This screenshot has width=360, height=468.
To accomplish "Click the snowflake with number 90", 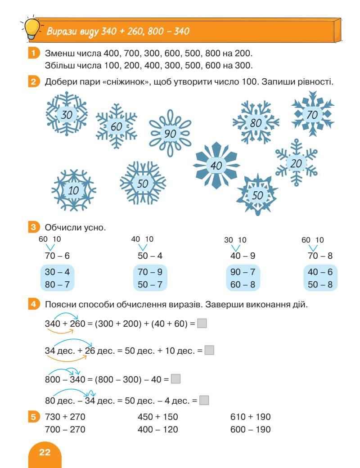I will [170, 133].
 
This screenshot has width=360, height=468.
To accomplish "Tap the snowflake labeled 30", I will [67, 115].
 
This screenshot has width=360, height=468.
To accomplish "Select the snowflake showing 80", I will [255, 122].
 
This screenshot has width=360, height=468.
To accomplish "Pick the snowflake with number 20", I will [296, 163].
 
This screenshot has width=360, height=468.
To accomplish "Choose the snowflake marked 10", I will [73, 190].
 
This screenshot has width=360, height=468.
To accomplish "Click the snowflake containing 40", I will [216, 166].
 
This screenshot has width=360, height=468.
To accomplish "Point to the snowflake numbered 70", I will [312, 114].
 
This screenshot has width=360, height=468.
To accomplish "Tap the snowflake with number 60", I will [116, 127].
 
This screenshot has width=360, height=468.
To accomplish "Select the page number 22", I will [45, 452].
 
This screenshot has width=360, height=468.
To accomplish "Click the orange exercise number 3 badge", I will [33, 228].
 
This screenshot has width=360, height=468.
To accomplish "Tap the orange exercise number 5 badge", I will [33, 417].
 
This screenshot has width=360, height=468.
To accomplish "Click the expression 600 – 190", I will [250, 429].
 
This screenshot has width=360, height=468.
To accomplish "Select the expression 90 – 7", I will [243, 272].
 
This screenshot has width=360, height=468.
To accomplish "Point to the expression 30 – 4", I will [57, 272].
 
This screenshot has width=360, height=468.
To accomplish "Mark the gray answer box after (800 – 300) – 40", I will [175, 379].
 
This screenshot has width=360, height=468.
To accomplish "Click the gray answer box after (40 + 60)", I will [202, 323].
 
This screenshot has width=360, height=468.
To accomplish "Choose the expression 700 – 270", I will [65, 429].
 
